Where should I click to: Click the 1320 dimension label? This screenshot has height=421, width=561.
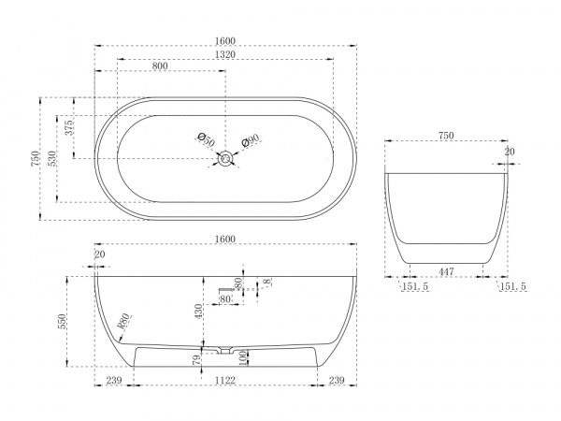click(x=225, y=54)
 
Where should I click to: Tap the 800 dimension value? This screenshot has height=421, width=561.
click(x=160, y=66)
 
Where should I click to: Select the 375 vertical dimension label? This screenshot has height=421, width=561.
click(x=68, y=127)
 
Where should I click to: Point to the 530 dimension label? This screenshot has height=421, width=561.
click(x=51, y=159)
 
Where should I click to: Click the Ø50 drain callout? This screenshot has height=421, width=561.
click(x=207, y=140)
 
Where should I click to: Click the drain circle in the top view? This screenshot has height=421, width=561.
click(x=225, y=158)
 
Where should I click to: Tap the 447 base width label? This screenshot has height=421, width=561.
click(x=446, y=271)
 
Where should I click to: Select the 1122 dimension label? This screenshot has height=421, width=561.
click(x=225, y=380)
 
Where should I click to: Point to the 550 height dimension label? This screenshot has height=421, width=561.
click(x=62, y=322)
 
